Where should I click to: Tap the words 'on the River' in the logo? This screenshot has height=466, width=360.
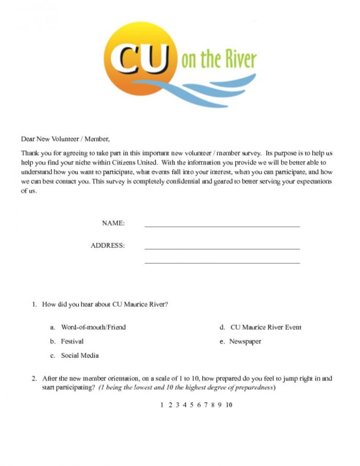coord(219,60)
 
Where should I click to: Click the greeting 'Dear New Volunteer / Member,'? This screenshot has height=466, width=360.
coord(65,139)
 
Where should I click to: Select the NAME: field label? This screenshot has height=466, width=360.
coord(113,224)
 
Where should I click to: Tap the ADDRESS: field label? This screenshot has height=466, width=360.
coord(108,245)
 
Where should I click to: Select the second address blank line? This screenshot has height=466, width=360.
coord(222,263)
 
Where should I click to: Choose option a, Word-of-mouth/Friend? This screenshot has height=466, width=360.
coord(93,327)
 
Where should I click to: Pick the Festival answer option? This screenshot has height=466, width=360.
coord(72,341)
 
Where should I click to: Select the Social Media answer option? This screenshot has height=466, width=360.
coord(80,355)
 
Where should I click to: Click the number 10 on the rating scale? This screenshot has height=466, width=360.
coord(229,405)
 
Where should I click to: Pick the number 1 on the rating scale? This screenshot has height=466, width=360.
coord(162,405)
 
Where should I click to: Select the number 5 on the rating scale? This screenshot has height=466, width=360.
coord(192,405)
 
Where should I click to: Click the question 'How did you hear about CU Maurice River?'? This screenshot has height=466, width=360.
coord(105,304)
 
